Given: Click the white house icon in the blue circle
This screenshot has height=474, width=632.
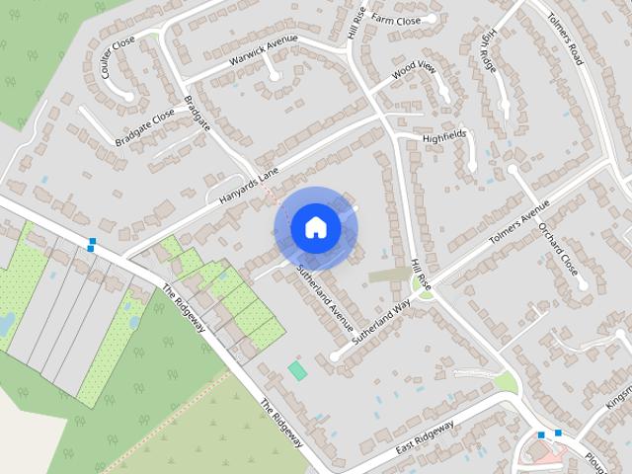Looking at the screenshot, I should pyautogui.click(x=315, y=227).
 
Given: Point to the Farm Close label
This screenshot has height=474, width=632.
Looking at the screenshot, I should pyautogui.click(x=396, y=20).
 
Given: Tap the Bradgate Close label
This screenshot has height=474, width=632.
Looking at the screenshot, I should pyautogui.click(x=144, y=127).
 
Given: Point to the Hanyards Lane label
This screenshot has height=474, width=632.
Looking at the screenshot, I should pyautogui.click(x=250, y=185).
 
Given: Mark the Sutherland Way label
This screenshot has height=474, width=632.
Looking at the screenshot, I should pyautogui.click(x=379, y=321).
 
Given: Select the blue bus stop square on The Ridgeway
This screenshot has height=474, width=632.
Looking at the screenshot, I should pyautogui.click(x=92, y=243).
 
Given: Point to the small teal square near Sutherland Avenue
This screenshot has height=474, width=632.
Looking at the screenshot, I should pyautogui.click(x=297, y=369).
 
